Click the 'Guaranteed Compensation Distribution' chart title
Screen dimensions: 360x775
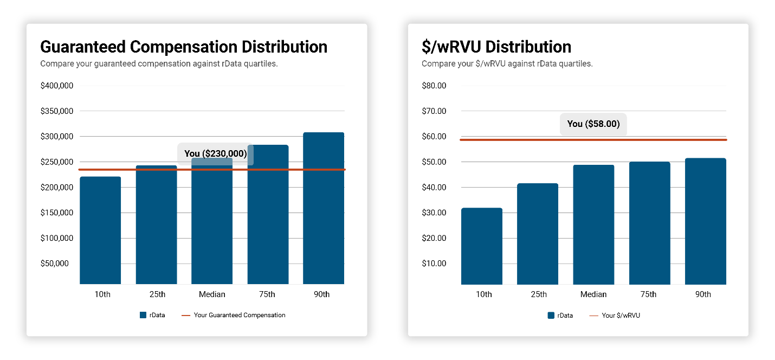point(184,47)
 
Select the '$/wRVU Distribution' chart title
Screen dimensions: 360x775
point(496,47)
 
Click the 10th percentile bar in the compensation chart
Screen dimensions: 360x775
point(100,230)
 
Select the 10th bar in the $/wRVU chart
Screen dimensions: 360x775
point(482,246)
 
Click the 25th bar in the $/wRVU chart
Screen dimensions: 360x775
point(538,234)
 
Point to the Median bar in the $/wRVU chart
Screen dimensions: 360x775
point(593,224)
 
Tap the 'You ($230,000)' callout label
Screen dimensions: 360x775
point(215,153)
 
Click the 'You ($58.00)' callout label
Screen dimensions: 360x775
point(593,124)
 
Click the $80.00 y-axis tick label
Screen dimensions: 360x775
point(434,86)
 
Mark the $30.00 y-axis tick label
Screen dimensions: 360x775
point(434,213)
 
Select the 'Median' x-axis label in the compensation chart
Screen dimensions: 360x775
point(212,294)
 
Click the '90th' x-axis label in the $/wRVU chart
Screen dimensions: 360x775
point(703,294)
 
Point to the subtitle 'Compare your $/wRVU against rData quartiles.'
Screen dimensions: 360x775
point(507,63)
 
